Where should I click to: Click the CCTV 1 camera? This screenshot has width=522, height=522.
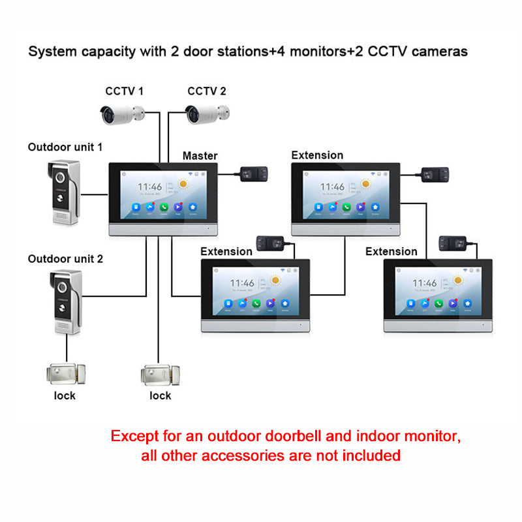pyautogui.click(x=121, y=113)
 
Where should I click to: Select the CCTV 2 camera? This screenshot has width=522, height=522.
pyautogui.click(x=205, y=113)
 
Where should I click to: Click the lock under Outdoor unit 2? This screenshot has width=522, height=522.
pyautogui.click(x=65, y=375)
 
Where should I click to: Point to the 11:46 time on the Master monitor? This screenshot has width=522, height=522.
pyautogui.click(x=150, y=187)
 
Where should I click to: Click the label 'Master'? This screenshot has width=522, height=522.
pyautogui.click(x=200, y=155)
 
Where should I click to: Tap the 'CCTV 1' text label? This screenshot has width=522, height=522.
pyautogui.click(x=124, y=91)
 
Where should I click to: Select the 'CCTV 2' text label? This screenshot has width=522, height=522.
pyautogui.click(x=207, y=91)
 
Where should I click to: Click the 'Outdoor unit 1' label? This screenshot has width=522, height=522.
pyautogui.click(x=65, y=147)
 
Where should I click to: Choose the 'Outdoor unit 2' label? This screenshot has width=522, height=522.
pyautogui.click(x=65, y=258)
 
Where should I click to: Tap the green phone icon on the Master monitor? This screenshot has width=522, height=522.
pyautogui.click(x=164, y=207)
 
